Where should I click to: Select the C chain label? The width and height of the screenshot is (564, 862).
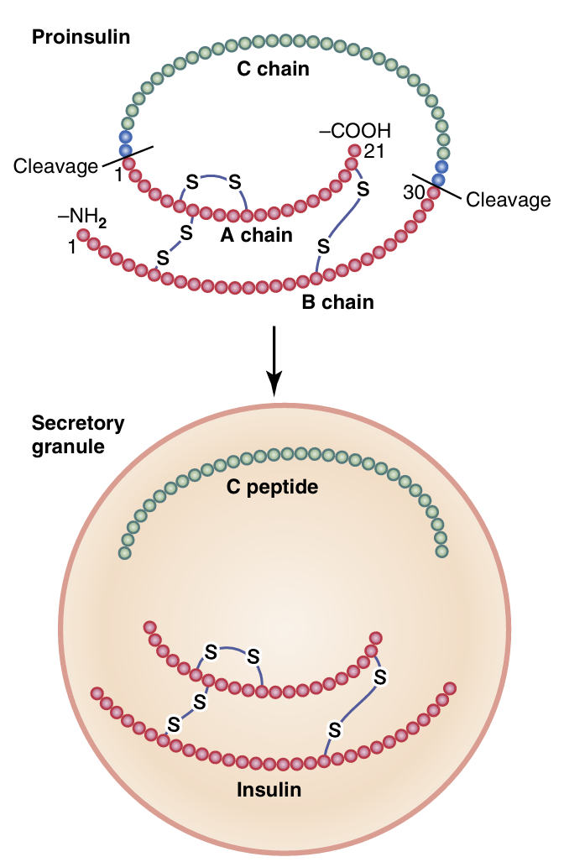[x=273, y=70]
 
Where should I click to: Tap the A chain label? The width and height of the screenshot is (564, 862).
[x=256, y=235]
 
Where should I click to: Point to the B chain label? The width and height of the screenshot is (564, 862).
[x=337, y=301]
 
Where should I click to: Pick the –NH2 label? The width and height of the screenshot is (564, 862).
[x=82, y=217]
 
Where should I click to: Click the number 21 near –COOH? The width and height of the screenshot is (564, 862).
[x=373, y=152]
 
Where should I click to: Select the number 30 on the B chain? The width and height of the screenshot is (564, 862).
[x=414, y=193]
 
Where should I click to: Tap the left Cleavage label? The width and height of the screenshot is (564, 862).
[x=55, y=167]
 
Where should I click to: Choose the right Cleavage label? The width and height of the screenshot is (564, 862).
[x=508, y=201]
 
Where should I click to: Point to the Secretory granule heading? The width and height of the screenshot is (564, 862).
[x=77, y=434]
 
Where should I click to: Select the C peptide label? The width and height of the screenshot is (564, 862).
[x=273, y=487]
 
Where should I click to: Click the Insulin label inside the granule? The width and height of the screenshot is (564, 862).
[x=269, y=790]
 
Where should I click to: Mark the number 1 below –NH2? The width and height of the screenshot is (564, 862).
[x=72, y=248]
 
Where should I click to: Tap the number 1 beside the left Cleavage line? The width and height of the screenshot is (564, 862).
[x=118, y=176]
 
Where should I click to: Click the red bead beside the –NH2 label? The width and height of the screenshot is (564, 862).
[x=84, y=237]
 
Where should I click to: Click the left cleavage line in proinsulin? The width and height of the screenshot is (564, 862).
[x=126, y=157]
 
